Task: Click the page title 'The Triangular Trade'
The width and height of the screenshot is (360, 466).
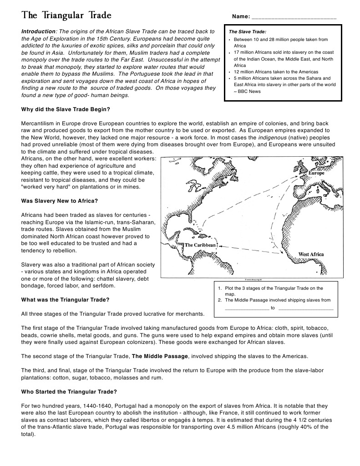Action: pyautogui.click(x=66, y=15)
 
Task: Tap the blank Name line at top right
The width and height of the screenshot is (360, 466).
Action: pyautogui.click(x=294, y=17)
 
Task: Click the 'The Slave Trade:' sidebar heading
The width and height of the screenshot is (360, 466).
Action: pyautogui.click(x=247, y=32)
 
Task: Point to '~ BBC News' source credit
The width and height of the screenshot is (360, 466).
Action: pyautogui.click(x=248, y=91)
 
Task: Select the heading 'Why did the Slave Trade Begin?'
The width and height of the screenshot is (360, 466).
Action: pyautogui.click(x=66, y=110)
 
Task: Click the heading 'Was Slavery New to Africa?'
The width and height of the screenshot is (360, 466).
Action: pyautogui.click(x=60, y=201)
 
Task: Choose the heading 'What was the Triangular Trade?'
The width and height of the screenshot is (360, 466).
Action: pyautogui.click(x=65, y=300)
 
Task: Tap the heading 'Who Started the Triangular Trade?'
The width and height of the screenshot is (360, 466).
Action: pyautogui.click(x=69, y=392)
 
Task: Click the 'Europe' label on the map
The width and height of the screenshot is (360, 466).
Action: pyautogui.click(x=316, y=174)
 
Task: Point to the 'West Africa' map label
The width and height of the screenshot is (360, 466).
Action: pyautogui.click(x=311, y=254)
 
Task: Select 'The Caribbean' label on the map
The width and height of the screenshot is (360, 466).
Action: pyautogui.click(x=200, y=245)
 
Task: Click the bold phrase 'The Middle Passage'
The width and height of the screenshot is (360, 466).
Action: pyautogui.click(x=160, y=356)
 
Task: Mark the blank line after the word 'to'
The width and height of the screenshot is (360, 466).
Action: pyautogui.click(x=305, y=308)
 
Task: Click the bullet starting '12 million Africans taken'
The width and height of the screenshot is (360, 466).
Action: pyautogui.click(x=276, y=72)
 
